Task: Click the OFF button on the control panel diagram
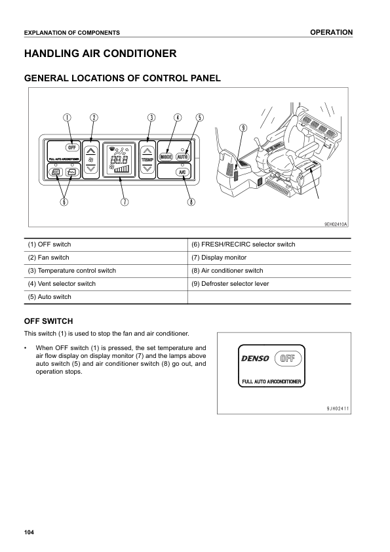point(72,146)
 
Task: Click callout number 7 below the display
point(124,202)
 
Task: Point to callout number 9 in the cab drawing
point(243,128)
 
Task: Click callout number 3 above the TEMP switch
point(151,118)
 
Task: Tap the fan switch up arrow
point(92,148)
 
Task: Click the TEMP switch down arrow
point(148,168)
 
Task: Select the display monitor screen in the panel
point(119,159)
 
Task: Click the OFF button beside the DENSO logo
point(287,358)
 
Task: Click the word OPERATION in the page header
point(332,32)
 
